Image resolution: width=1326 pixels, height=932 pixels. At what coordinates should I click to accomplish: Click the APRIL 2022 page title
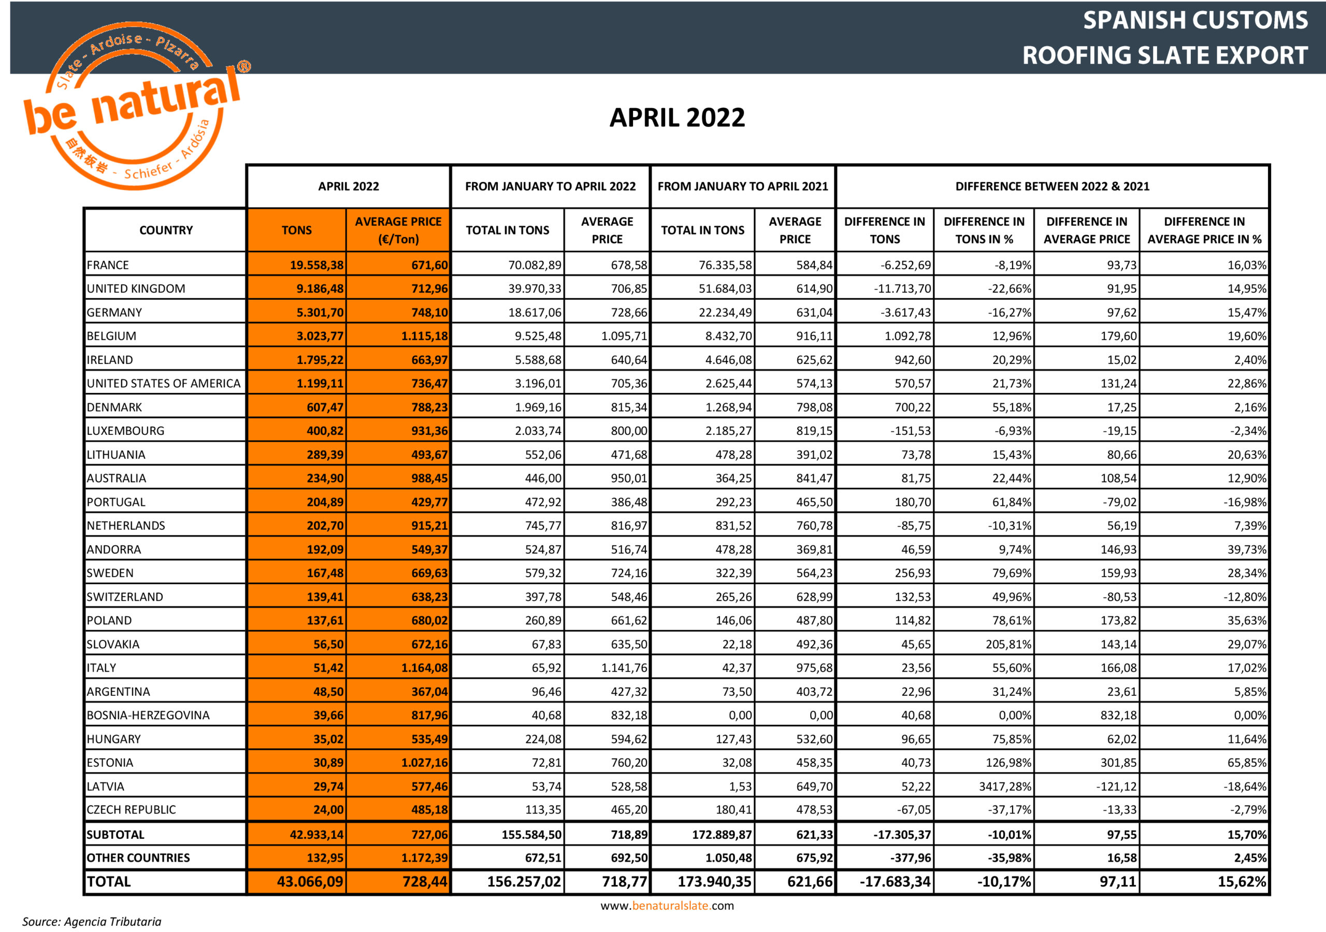(x=677, y=118)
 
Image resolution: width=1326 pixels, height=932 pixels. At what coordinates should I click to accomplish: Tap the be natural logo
(x=133, y=107)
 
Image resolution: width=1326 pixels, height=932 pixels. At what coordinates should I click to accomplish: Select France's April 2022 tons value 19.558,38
(x=316, y=265)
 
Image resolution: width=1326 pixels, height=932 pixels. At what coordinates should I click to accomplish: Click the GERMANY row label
(x=114, y=312)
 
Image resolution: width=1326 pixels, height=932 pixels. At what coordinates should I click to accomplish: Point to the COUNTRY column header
(x=166, y=230)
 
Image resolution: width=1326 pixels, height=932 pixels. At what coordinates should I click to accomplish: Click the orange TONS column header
(x=296, y=230)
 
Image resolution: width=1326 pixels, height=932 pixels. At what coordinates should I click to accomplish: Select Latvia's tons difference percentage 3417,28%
(x=1005, y=786)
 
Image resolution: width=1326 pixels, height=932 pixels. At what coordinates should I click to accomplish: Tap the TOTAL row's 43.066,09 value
(x=310, y=882)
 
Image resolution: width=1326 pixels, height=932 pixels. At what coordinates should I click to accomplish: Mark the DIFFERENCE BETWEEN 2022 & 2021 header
(x=1052, y=186)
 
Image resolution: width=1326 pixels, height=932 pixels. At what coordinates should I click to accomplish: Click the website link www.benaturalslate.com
(x=667, y=906)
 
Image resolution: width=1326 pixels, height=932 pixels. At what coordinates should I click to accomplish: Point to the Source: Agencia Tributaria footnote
(x=92, y=922)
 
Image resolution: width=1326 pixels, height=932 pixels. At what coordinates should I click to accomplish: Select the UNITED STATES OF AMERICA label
(x=164, y=384)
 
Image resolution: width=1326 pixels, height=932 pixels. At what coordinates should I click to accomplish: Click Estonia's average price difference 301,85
(x=1118, y=762)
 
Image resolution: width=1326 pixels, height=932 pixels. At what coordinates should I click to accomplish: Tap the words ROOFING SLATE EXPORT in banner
(x=1164, y=55)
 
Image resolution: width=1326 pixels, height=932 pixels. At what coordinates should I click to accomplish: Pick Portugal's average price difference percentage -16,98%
(x=1245, y=502)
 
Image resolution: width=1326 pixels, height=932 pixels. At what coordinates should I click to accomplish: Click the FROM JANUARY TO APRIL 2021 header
(x=743, y=186)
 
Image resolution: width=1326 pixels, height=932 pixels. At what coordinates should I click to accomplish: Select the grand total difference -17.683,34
(x=895, y=882)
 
